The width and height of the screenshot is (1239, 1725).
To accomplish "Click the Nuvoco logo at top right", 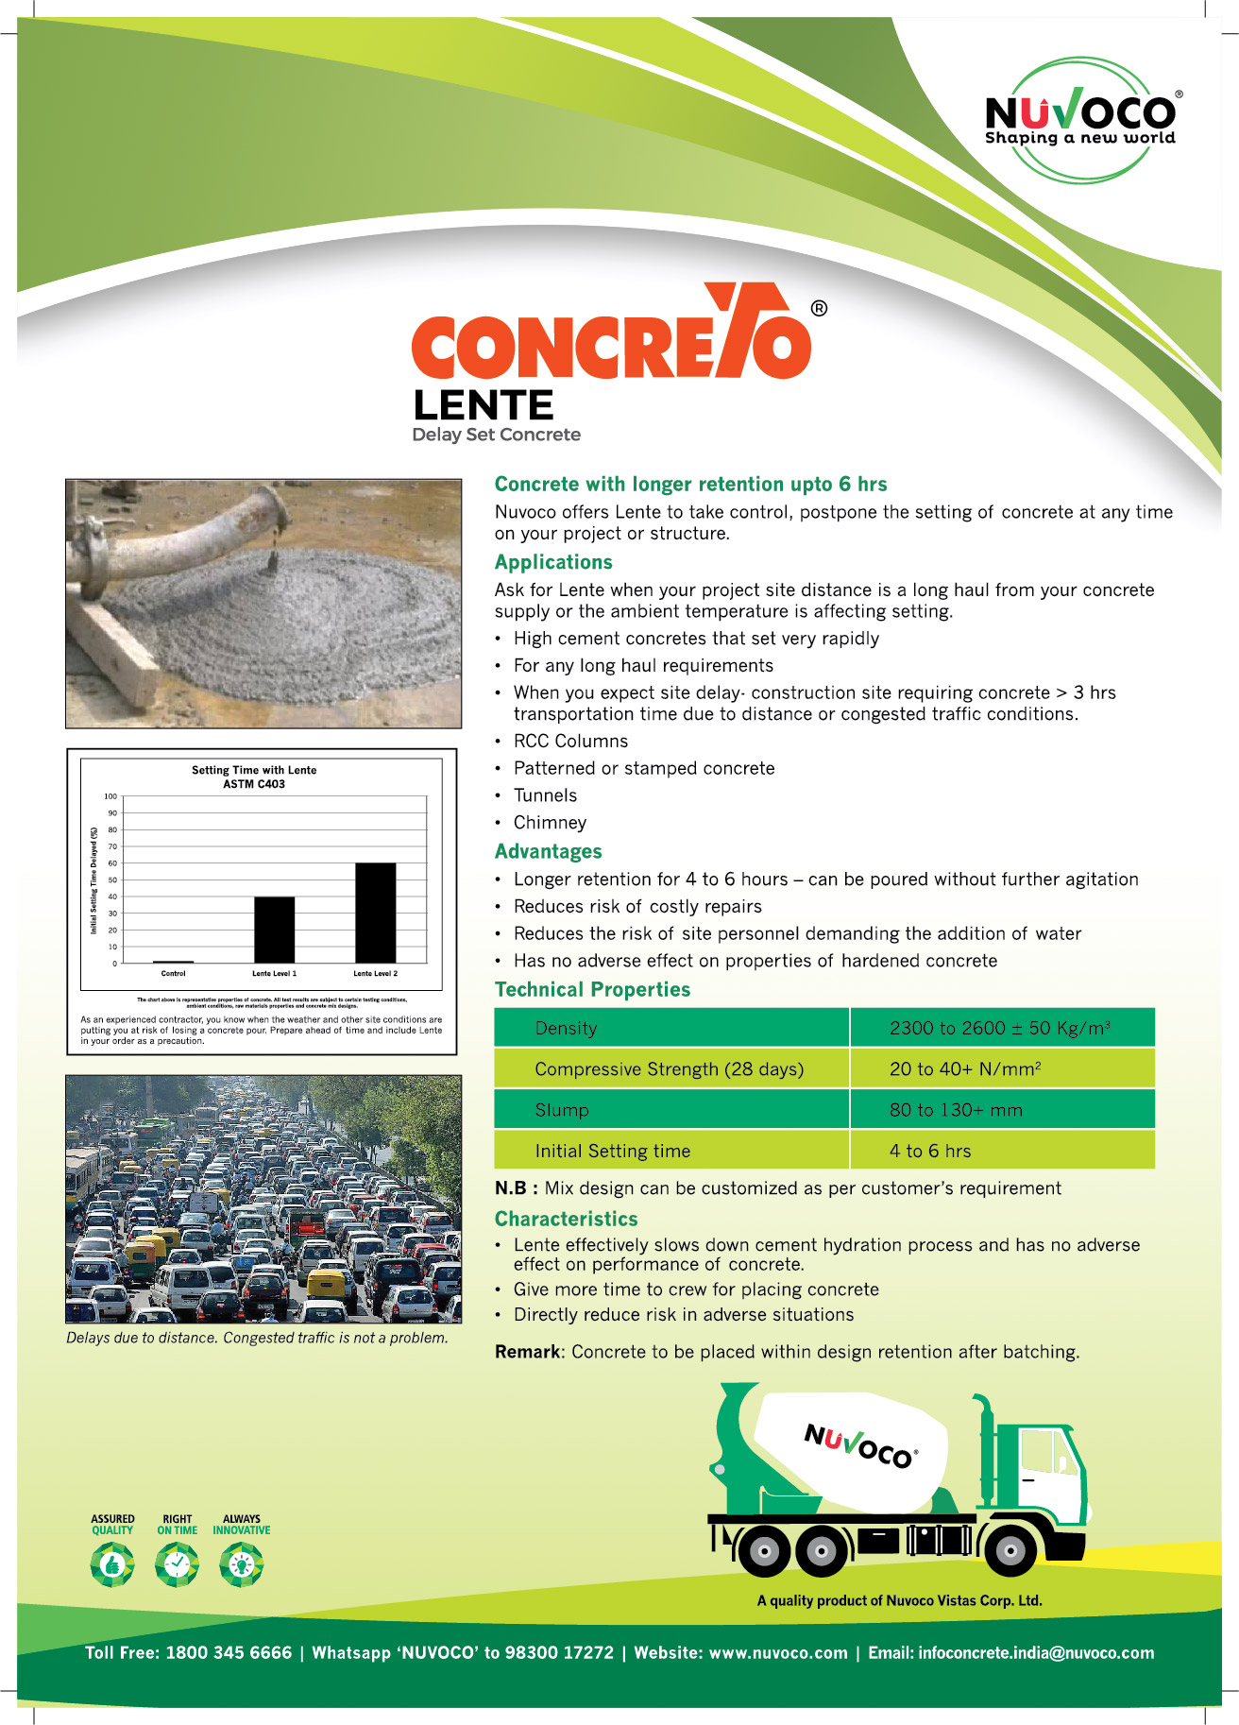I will pyautogui.click(x=1081, y=119).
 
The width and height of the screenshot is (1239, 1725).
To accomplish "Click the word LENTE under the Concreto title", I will pyautogui.click(x=483, y=406).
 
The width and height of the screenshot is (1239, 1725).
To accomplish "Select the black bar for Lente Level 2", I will pyautogui.click(x=375, y=913).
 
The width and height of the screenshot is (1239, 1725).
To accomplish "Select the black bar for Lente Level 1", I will pyautogui.click(x=274, y=930).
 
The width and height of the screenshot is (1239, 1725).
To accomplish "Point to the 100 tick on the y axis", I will pyautogui.click(x=111, y=796).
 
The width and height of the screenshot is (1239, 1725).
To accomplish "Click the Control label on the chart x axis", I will pyautogui.click(x=173, y=973).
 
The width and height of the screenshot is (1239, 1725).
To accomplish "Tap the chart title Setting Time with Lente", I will pyautogui.click(x=254, y=770).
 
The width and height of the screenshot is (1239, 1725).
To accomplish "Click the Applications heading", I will pyautogui.click(x=553, y=562).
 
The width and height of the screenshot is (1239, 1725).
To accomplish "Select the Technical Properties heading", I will pyautogui.click(x=592, y=989).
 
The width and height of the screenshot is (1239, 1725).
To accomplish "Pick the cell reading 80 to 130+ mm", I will pyautogui.click(x=955, y=1110).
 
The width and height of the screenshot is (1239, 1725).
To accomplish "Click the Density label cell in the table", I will pyautogui.click(x=566, y=1028).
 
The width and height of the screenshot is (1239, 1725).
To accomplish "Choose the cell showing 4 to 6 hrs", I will pyautogui.click(x=929, y=1151).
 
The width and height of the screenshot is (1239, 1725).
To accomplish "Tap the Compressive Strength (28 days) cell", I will pyautogui.click(x=669, y=1069).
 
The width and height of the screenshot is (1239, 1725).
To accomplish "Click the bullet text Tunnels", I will pyautogui.click(x=545, y=795).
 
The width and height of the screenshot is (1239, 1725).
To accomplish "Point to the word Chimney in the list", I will pyautogui.click(x=550, y=823).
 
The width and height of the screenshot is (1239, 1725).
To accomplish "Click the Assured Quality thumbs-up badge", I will pyautogui.click(x=112, y=1564).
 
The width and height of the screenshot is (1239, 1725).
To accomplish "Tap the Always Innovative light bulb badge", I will pyautogui.click(x=242, y=1564).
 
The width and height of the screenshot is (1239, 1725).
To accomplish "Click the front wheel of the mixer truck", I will pyautogui.click(x=1010, y=1550).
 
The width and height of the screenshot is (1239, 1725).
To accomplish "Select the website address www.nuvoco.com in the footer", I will pyautogui.click(x=778, y=1653).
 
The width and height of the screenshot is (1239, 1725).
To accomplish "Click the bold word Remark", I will pyautogui.click(x=527, y=1352).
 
